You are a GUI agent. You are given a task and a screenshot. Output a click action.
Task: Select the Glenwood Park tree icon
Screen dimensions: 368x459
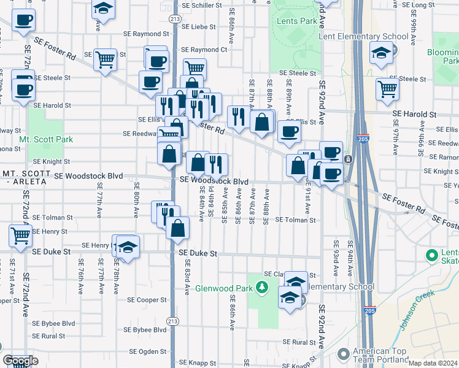pyautogui.click(x=262, y=286)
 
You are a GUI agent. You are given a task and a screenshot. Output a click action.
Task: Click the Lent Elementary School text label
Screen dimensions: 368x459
pyautogui.click(x=363, y=36)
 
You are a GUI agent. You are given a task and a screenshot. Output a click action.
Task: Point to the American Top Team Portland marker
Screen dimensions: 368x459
pyautogui.click(x=343, y=353)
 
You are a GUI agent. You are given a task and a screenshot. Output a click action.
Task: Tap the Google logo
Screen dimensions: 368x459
pyautogui.click(x=20, y=361)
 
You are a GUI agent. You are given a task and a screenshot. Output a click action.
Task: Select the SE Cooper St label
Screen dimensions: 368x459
pyautogui.click(x=147, y=300)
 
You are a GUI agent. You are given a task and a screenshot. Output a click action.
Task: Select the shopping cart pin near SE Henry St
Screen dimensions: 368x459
pyautogui.click(x=20, y=234)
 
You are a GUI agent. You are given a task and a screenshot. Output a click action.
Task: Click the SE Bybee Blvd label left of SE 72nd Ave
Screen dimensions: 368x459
pyautogui.click(x=54, y=323)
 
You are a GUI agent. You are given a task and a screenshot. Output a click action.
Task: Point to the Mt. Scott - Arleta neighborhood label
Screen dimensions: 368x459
pyautogui.click(x=25, y=178)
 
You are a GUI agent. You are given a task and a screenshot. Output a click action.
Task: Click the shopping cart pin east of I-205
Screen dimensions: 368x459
pyautogui.click(x=387, y=88)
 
